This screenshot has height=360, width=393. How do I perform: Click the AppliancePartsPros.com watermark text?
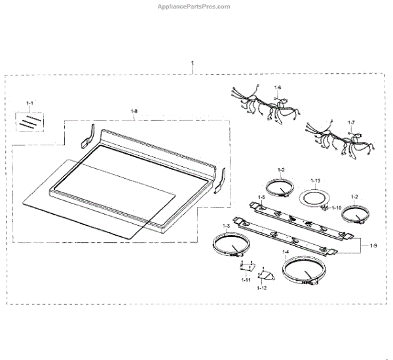pos(193,7)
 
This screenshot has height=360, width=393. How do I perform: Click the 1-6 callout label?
pos(277,87)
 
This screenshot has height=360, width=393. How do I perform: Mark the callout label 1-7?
pos(351,122)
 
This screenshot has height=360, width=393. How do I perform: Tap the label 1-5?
pos(261,197)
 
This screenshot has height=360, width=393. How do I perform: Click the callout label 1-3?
pos(227,226)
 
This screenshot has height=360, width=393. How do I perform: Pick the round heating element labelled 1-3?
pos(227,247)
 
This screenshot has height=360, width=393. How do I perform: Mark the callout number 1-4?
pos(286,252)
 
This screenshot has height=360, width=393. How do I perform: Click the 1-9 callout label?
pos(373,245)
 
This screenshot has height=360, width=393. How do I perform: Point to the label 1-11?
pos(246,279)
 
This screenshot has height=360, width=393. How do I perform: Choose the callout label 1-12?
pos(262,288)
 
